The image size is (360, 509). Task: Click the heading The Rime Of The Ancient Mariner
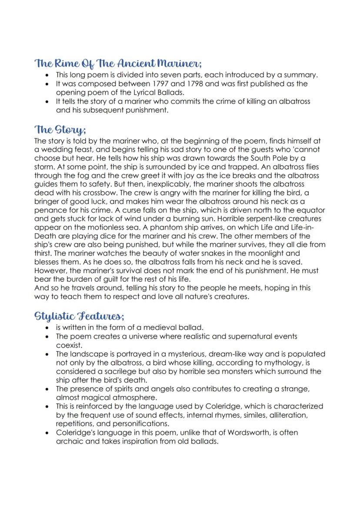[118, 63]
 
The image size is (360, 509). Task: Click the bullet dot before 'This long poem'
[47, 75]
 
